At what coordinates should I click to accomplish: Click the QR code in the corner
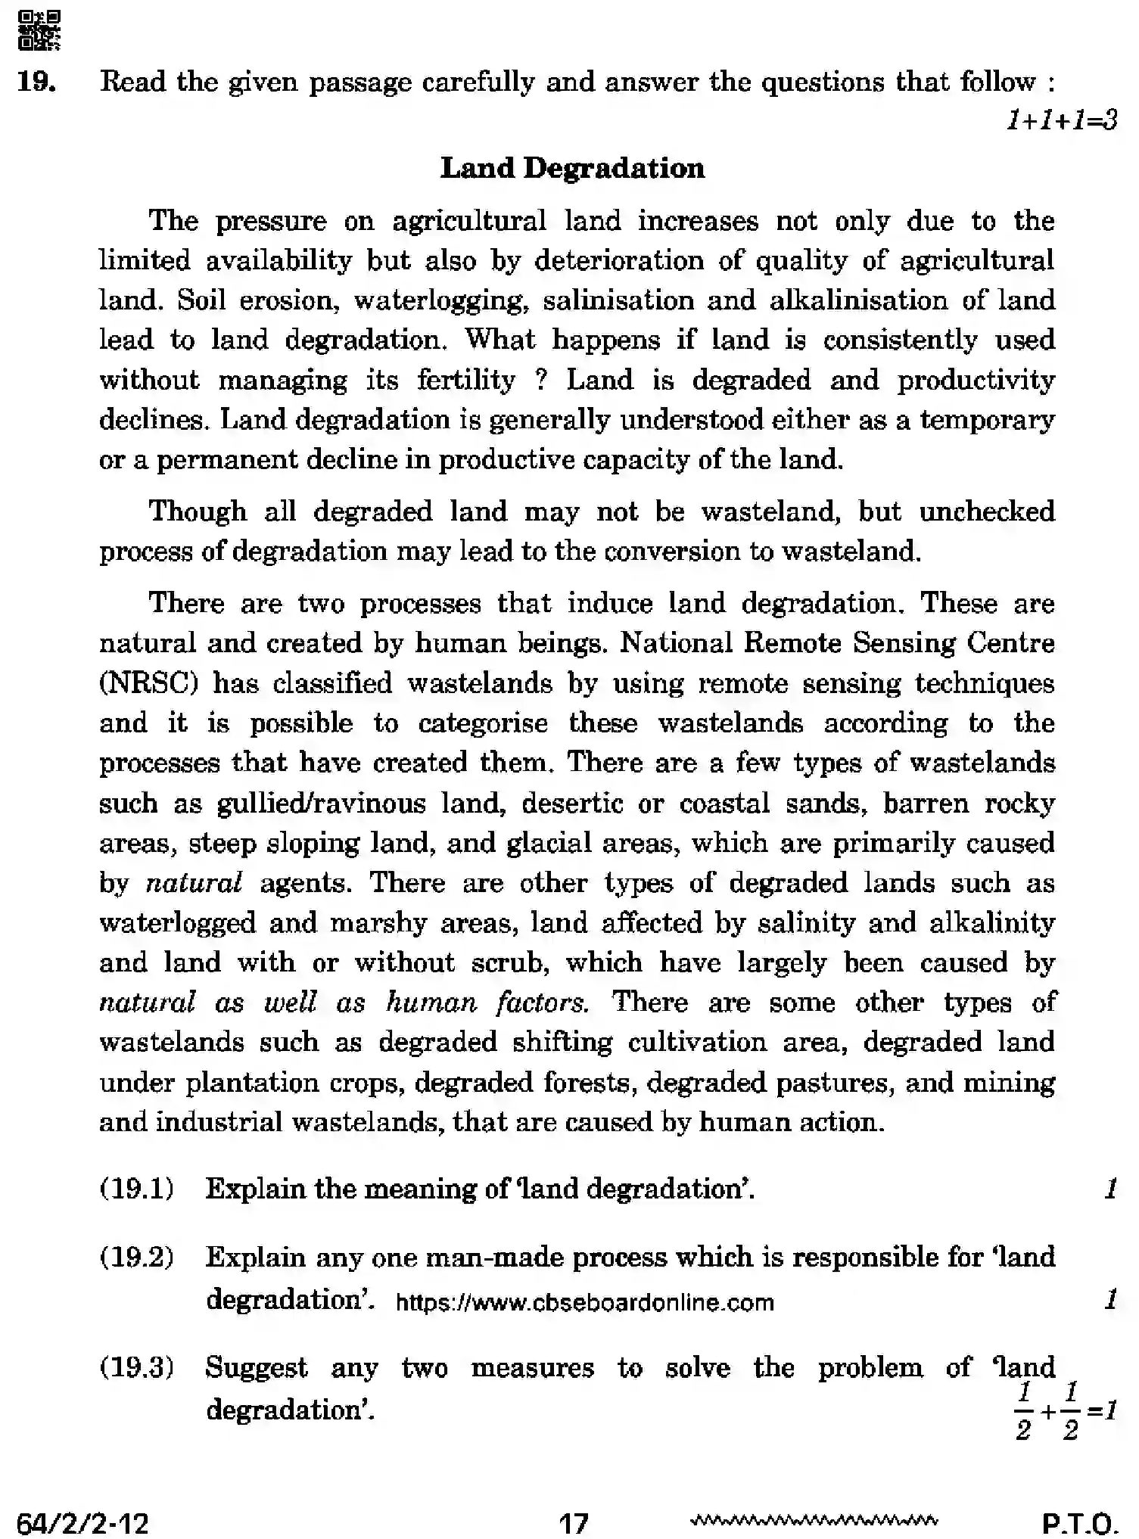[x=38, y=30]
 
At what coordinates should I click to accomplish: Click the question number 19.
[x=36, y=82]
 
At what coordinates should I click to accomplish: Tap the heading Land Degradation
[x=572, y=168]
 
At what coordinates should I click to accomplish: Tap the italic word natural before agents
[x=194, y=883]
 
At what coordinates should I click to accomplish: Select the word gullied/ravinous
[x=321, y=803]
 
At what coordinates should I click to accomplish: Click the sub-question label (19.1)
[x=136, y=1189]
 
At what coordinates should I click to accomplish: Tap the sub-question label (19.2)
[x=136, y=1257]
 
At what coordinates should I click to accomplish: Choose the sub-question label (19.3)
[x=136, y=1368]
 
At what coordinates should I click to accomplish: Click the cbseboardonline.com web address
[x=584, y=1302]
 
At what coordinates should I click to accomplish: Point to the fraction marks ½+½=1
[x=1063, y=1412]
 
